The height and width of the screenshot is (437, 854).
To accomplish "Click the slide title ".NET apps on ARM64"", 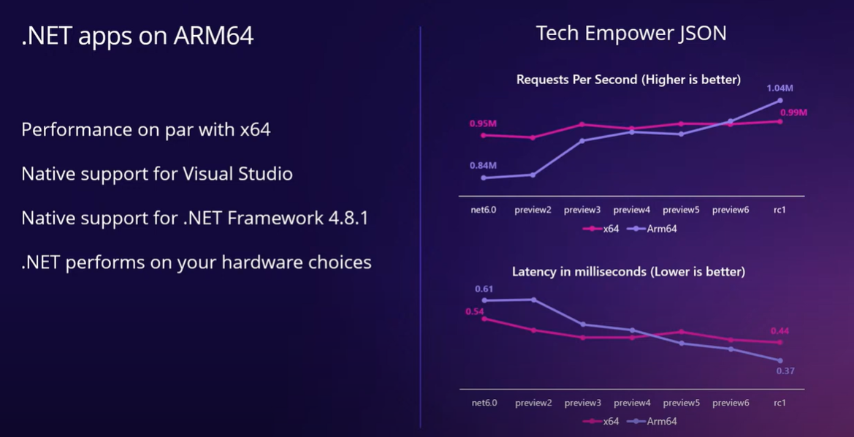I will coord(137,36).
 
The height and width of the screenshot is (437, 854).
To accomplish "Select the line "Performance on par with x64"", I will coord(146,129).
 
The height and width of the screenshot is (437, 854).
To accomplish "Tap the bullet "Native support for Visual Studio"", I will coord(157,174).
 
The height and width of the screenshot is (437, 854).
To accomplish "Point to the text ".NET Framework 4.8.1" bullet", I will coord(194,218).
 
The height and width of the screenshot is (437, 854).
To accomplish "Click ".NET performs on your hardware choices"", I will coord(197,262).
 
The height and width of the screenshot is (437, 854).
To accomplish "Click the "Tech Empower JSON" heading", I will coord(631,34).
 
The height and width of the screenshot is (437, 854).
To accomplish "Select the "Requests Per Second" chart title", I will coord(628,80).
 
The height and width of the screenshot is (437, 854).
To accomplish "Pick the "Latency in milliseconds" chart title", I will coord(628,272).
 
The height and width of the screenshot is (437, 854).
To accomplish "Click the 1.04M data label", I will coord(779,88).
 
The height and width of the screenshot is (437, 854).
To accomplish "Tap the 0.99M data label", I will coord(793,113).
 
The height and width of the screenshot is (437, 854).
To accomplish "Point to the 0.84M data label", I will coord(483,165).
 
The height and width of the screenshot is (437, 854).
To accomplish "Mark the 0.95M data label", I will coord(483,123).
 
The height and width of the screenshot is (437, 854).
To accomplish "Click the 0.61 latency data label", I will coord(484,289).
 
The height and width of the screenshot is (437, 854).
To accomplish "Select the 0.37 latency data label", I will coord(785,371).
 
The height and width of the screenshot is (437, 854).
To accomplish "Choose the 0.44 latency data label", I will coord(779,331).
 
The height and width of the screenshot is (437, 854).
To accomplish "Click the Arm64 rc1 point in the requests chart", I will coord(780,101).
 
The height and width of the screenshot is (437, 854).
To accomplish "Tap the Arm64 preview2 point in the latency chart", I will coord(533,300).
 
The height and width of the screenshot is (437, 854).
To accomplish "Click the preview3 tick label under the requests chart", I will coord(582,210).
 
